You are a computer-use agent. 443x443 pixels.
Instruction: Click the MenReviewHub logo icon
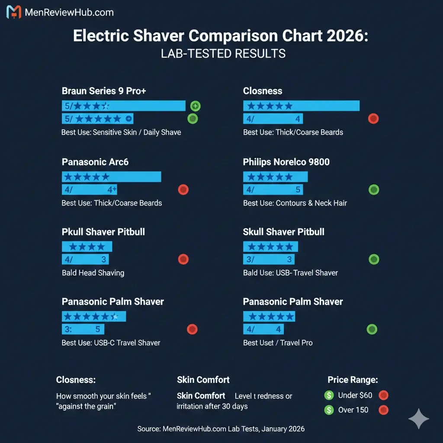point(14,12)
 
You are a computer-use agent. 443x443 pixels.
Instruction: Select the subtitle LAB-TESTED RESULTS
point(223,54)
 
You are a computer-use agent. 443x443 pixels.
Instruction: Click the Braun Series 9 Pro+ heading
point(104,91)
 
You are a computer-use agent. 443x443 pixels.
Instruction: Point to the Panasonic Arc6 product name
point(95,162)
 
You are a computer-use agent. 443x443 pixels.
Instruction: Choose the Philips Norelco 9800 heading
point(286,162)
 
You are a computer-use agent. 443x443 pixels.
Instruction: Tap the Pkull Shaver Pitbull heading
point(103,232)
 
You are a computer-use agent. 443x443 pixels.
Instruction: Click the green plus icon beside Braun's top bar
point(195,106)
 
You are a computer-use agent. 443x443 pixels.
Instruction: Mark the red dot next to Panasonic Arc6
point(183,189)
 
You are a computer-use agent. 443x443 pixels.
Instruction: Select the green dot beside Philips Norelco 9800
point(373,189)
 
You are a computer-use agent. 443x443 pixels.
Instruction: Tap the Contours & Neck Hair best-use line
point(311,203)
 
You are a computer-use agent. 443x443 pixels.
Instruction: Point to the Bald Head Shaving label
point(93,273)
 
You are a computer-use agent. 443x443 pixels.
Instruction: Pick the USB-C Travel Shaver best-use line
point(127,343)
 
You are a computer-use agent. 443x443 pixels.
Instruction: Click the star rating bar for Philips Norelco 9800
point(275,177)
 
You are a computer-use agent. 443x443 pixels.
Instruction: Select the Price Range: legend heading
point(353,380)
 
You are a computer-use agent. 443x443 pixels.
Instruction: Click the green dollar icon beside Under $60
point(329,395)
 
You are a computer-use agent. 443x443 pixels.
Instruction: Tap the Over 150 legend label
point(353,410)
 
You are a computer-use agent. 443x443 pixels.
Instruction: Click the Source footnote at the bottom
point(221,429)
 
